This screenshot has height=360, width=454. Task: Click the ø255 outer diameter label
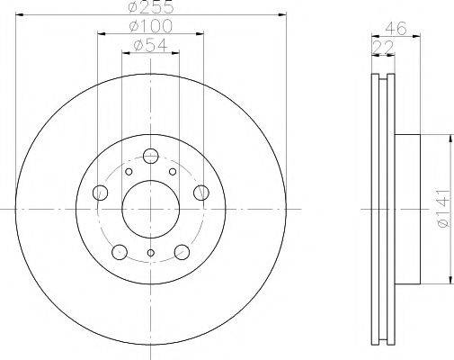point(151,7)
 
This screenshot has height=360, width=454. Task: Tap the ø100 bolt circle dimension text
point(151,26)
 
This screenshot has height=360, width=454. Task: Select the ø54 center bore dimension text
point(151,45)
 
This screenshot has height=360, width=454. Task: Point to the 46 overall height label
point(396,28)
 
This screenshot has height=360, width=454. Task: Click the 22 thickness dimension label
point(382,47)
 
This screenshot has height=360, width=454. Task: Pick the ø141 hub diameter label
point(444,208)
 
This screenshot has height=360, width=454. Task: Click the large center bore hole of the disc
point(151,209)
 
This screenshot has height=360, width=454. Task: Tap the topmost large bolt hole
point(151,156)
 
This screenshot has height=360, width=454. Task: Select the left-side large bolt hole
point(101,193)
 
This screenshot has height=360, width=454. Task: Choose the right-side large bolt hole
point(201,193)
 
